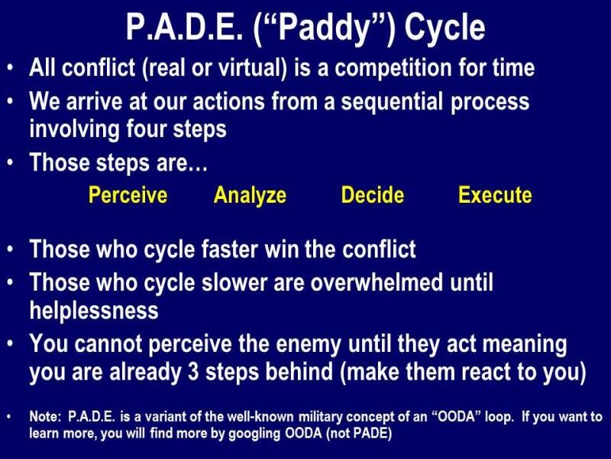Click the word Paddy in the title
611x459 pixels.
(323, 28)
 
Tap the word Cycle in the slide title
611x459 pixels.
(445, 28)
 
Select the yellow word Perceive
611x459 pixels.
(128, 195)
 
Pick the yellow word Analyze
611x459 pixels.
(250, 196)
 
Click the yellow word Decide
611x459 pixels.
(373, 195)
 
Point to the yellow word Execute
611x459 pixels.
(495, 195)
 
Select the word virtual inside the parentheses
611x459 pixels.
(250, 67)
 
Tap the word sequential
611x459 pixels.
(392, 102)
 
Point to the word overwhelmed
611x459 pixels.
(377, 282)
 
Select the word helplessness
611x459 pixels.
(94, 311)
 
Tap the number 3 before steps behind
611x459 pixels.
(193, 372)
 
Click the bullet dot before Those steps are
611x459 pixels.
(11, 161)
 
